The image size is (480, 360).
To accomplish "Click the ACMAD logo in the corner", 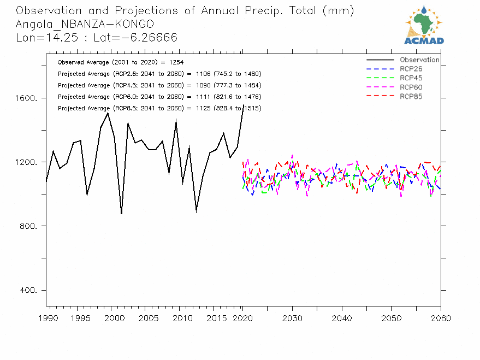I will pos(424,25).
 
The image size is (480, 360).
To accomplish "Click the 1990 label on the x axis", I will pos(46,317).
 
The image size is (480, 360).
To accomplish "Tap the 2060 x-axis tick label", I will pos(440,317).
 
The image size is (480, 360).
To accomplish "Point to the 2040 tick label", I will pos(341,317).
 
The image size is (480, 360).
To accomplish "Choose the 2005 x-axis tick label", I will pos(144,317).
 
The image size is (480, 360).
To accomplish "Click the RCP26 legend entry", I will pos(411,69).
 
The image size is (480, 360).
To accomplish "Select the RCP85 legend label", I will pos(411,97).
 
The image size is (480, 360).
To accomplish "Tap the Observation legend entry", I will pos(419,60).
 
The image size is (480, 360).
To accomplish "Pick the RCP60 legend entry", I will pos(411,87).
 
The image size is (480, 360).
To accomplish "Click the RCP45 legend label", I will pos(411,78).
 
